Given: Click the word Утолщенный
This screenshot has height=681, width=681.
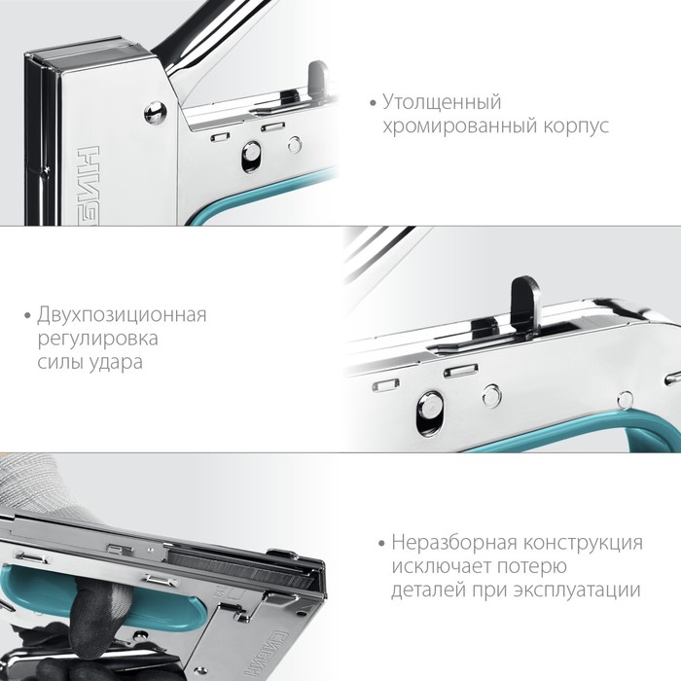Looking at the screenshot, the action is coord(442,103).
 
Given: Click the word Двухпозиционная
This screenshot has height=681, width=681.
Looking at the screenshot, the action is coord(122,315).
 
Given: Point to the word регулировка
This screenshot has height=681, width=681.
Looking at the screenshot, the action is coord(97,340).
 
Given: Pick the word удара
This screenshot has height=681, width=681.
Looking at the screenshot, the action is coord(116,363).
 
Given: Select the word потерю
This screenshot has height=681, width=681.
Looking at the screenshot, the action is coord(534,567).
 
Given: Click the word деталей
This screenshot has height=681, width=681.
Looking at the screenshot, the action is coord(429,591).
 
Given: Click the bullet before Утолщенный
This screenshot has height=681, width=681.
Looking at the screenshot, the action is coord(373,103).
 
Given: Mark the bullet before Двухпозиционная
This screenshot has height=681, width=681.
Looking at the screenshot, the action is coord(28,316).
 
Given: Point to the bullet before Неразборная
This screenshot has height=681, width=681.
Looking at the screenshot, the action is coord(382,544).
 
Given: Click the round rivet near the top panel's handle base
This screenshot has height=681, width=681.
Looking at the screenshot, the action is coord(155,113).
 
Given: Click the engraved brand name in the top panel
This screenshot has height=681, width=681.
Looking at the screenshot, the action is coord(88,186).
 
